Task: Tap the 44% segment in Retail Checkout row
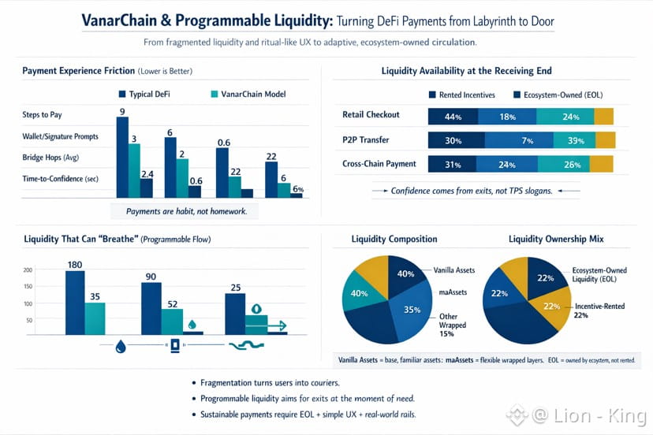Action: [453, 117]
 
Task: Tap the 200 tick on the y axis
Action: [28, 270]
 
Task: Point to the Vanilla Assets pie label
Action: [454, 270]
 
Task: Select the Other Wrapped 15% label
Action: [453, 323]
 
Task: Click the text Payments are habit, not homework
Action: [186, 211]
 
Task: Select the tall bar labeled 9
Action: [122, 158]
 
